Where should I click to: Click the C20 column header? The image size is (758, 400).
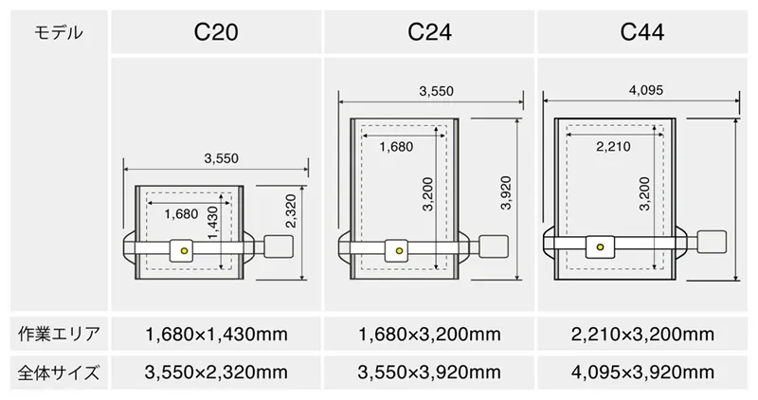point(216,32)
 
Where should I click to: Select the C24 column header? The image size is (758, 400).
point(429,32)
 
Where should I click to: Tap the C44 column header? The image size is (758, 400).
point(642,32)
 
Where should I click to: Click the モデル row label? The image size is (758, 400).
point(59,33)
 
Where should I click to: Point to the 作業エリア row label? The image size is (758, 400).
point(59,334)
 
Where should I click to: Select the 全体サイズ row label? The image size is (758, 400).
point(59,373)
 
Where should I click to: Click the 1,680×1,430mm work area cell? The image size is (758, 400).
point(216,335)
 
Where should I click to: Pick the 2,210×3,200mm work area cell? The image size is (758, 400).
point(642,335)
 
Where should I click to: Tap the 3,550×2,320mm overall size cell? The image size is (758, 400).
point(216,373)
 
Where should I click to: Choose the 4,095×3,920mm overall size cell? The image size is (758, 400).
point(642,373)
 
